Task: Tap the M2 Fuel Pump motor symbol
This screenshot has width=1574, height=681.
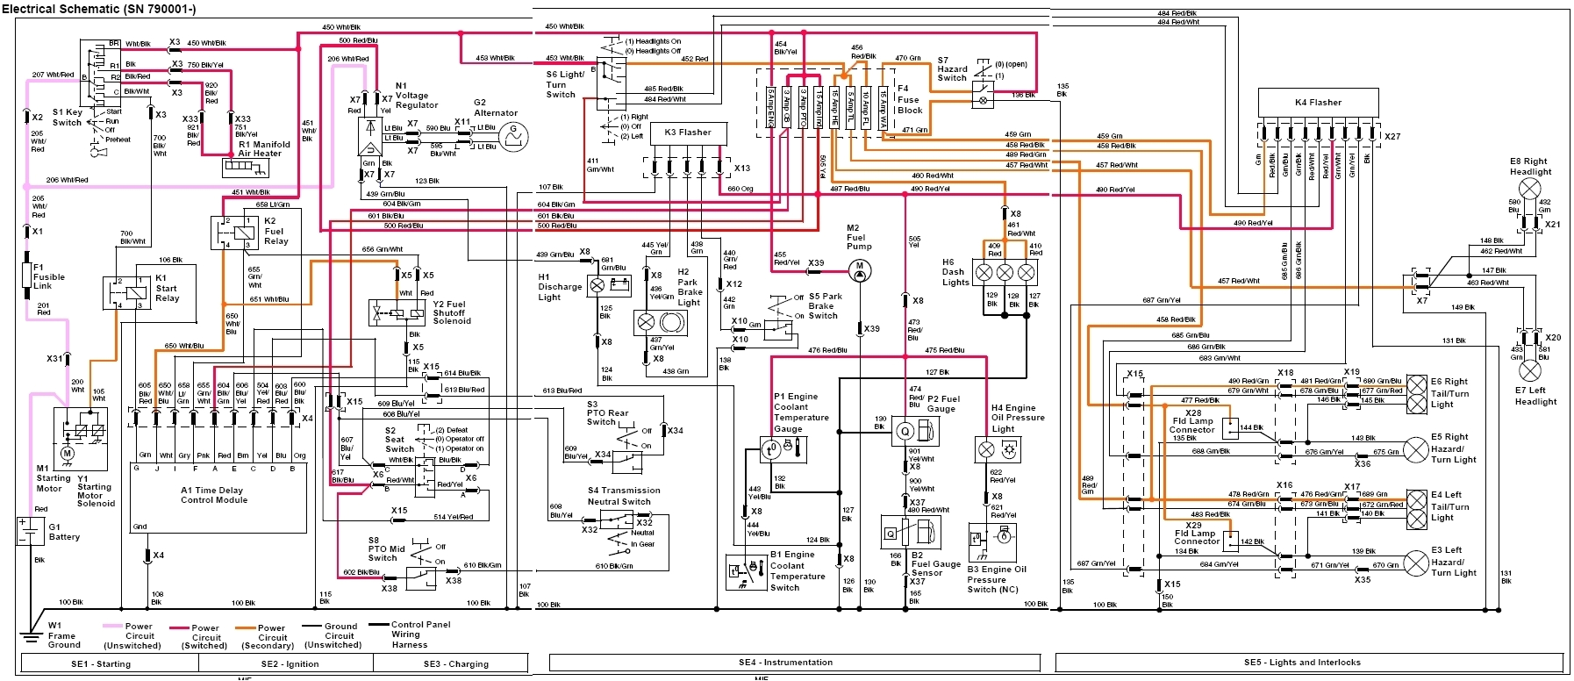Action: [x=860, y=267]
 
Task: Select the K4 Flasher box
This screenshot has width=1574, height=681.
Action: [x=1318, y=103]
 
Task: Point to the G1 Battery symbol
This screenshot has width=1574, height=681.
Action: [x=31, y=531]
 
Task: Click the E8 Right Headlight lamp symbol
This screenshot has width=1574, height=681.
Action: [x=1529, y=189]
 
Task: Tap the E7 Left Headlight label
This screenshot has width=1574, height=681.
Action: [x=1535, y=396]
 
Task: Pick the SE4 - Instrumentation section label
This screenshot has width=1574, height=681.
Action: [x=785, y=663]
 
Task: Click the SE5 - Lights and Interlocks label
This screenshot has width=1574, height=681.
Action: [x=1302, y=663]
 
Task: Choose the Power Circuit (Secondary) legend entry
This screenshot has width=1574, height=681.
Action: [x=271, y=636]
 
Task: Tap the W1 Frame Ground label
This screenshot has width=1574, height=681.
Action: [x=62, y=635]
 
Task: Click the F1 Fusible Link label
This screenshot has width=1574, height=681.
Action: [x=48, y=276]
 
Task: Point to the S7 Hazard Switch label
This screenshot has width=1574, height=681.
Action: [x=952, y=69]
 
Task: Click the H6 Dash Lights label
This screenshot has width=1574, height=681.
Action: [x=955, y=272]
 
